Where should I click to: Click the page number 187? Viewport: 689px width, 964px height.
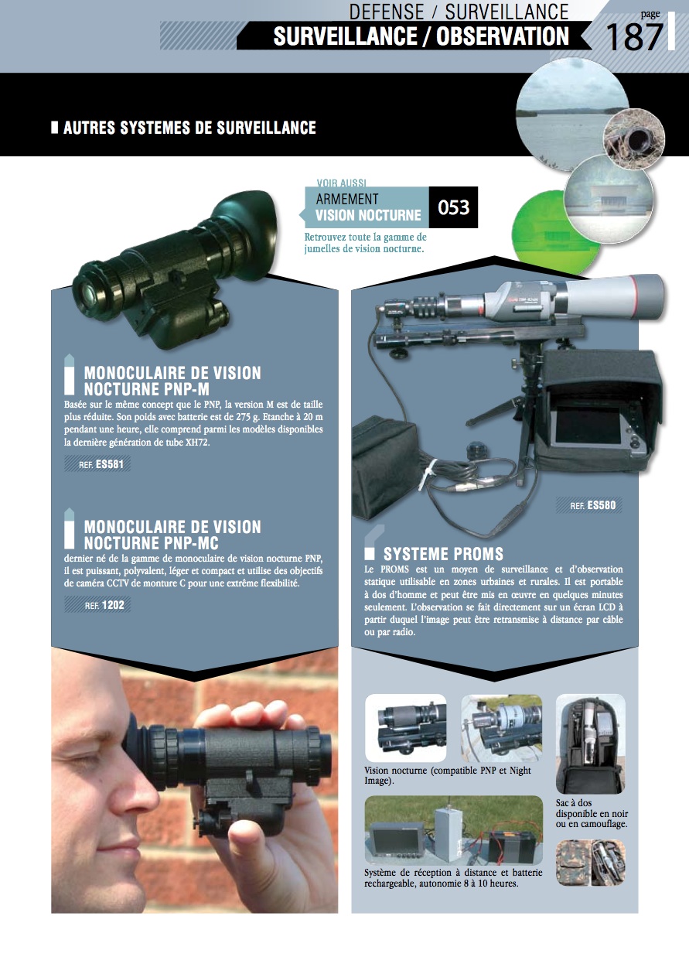[x=633, y=38]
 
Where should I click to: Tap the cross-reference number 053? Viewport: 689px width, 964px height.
[x=453, y=207]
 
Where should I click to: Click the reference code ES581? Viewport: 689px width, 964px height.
[x=110, y=464]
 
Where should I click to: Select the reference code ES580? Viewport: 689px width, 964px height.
[x=602, y=505]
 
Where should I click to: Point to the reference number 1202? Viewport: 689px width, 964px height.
[x=113, y=605]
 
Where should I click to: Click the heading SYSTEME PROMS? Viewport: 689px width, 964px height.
[x=443, y=554]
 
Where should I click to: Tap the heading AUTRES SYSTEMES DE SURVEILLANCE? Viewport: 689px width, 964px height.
[x=189, y=128]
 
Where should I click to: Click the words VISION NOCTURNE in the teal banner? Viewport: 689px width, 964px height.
[x=368, y=215]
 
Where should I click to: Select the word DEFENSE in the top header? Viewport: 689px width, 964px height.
[x=387, y=12]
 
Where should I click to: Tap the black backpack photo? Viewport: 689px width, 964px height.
[x=590, y=744]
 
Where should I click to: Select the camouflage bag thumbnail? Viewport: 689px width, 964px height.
[x=590, y=863]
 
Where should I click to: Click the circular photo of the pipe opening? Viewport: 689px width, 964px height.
[x=634, y=139]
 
